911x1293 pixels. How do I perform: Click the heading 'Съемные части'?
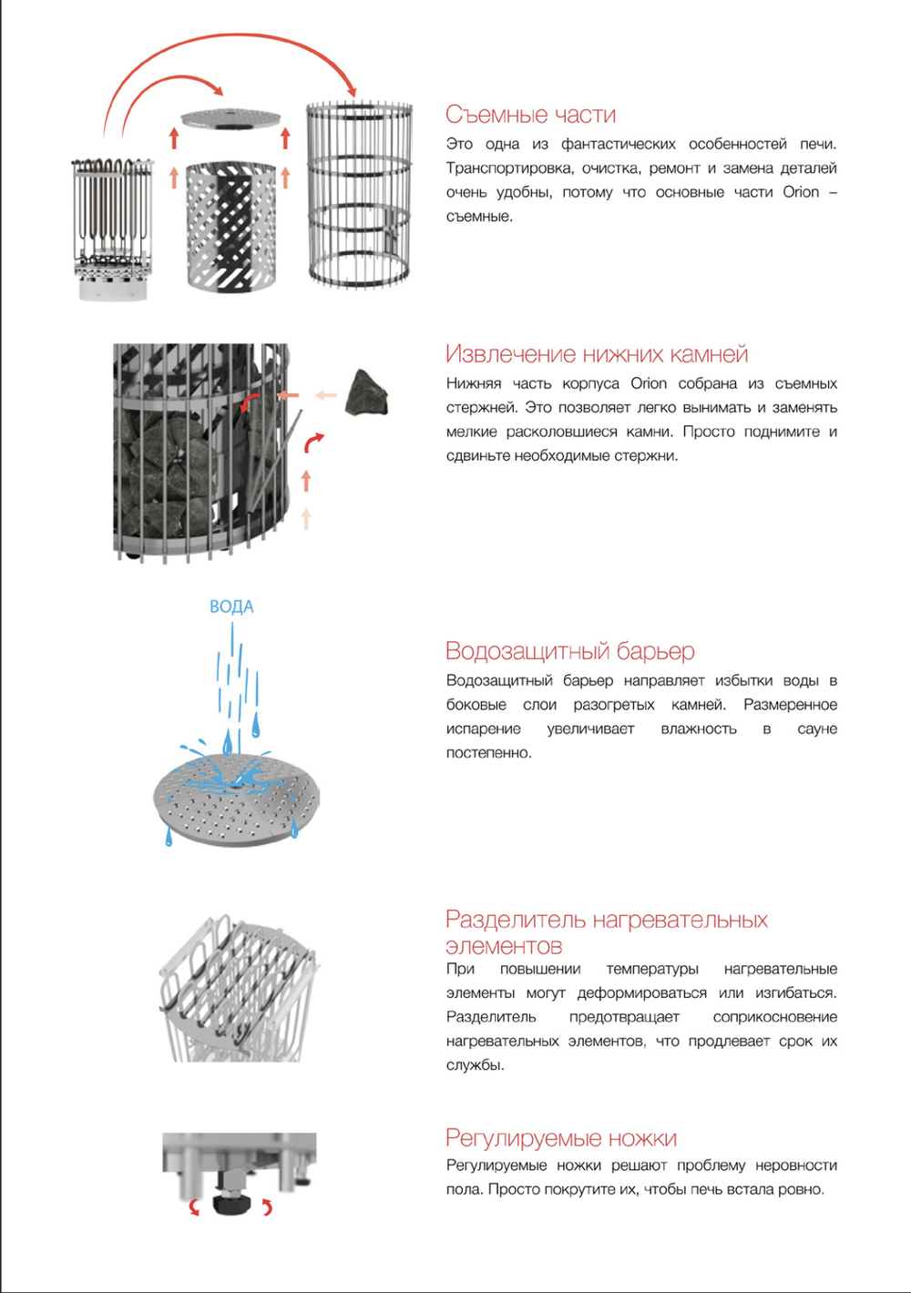pos(530,115)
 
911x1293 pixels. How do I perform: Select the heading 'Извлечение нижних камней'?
pos(597,354)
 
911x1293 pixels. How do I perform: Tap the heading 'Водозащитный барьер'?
pos(569,651)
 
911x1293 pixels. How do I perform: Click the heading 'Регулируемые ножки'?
pos(560,1138)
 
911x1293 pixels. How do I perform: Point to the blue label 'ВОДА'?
pos(231,606)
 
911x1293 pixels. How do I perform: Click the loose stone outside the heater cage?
pos(367,393)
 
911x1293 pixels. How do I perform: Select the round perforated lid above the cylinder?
pos(230,119)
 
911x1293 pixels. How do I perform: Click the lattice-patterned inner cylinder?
pos(230,228)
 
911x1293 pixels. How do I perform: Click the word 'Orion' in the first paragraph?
pos(801,192)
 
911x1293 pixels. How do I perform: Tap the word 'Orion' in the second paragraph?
pos(649,383)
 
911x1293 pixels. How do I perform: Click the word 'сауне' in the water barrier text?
pos(816,728)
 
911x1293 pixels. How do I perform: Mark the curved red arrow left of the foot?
pos(194,1207)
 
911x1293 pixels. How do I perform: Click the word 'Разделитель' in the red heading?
pos(516,920)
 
